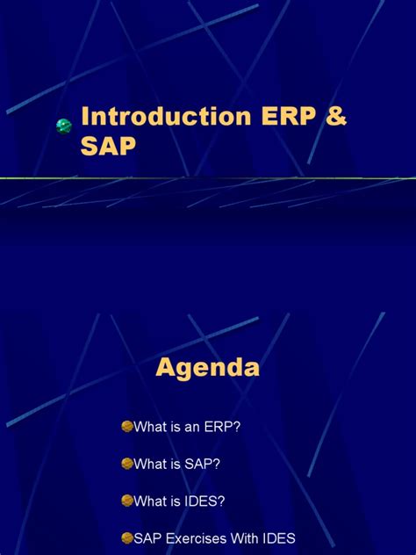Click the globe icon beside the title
(64, 126)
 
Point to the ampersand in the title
(335, 119)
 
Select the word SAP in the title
(109, 148)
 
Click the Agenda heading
(208, 367)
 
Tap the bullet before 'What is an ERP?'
(126, 426)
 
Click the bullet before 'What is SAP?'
(126, 463)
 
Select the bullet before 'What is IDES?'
(126, 500)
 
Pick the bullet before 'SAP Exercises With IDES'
(126, 537)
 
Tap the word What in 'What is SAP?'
(149, 464)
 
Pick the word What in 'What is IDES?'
(149, 501)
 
